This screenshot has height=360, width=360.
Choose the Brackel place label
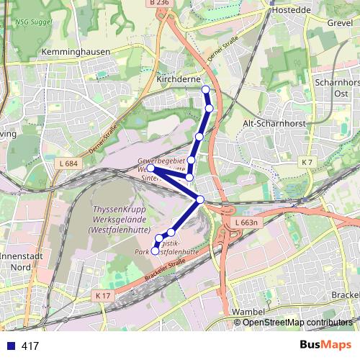[346, 296]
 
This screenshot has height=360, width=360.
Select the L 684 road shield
[68, 164]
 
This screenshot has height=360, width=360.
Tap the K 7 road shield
[309, 161]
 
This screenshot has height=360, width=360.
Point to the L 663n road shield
[246, 223]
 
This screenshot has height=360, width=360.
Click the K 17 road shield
[102, 295]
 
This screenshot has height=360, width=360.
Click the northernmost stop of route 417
[205, 89]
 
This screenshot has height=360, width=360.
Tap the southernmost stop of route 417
[155, 251]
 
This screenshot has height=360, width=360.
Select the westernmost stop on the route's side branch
[150, 168]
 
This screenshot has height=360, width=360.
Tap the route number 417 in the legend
[30, 346]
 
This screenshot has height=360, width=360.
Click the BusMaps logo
[325, 346]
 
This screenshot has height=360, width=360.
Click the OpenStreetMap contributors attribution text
[297, 323]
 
